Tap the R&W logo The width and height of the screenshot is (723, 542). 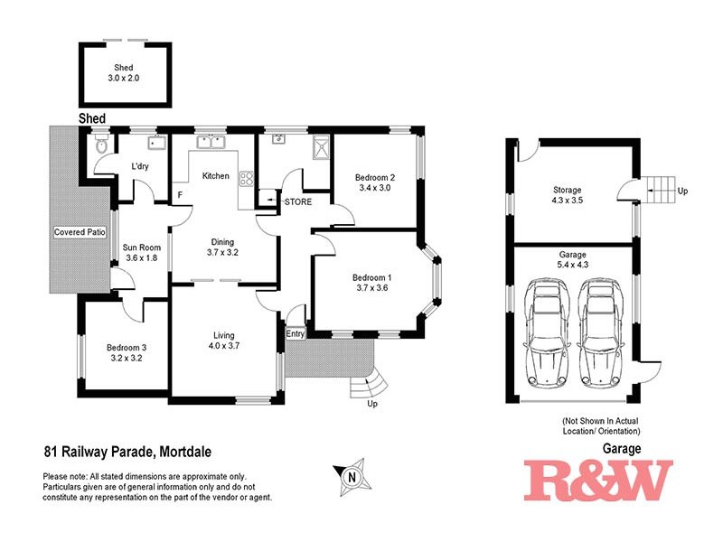[x=598, y=481]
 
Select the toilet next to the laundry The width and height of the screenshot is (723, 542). [x=102, y=145]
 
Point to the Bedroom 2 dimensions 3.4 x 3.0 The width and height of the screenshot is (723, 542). [x=374, y=189]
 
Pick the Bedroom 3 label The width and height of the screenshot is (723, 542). [x=125, y=347]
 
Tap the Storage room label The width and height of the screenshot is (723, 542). [x=568, y=190]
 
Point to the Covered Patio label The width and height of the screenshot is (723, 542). [x=80, y=232]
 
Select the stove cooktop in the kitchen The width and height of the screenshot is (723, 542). [x=244, y=179]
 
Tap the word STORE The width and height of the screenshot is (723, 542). [x=298, y=201]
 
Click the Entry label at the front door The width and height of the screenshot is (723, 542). [x=296, y=334]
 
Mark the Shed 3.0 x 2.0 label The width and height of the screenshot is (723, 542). [x=123, y=73]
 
